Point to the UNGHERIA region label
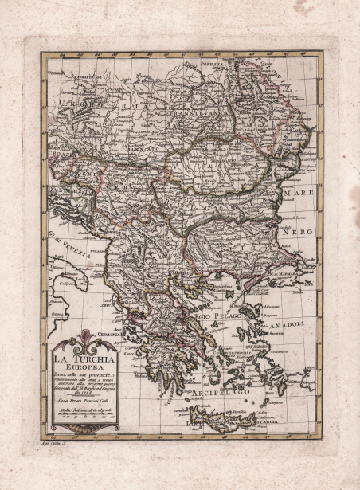[96, 104]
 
